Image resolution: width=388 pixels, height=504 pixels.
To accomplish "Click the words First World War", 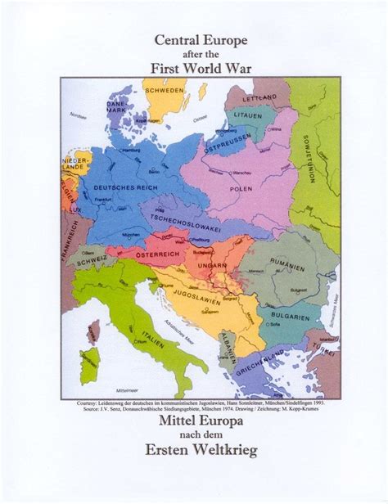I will [x=194, y=67].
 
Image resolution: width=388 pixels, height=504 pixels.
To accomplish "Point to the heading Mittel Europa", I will [x=194, y=424].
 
